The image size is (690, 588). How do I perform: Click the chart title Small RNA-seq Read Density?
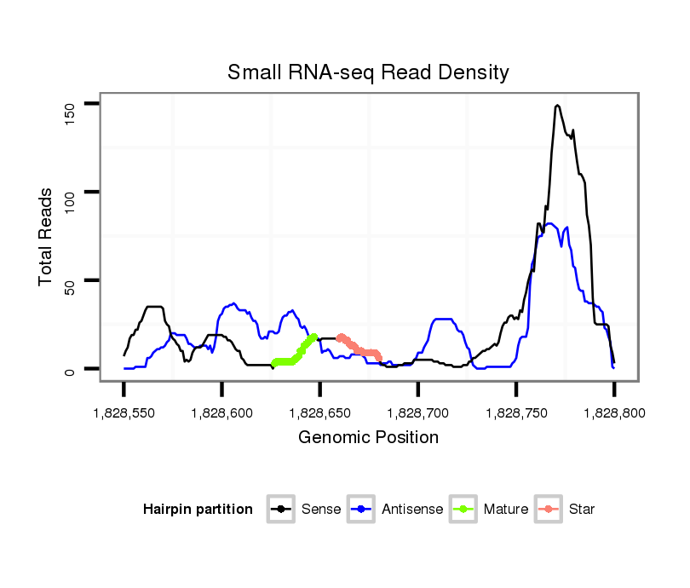(x=368, y=72)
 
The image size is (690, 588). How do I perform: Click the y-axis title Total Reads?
(x=46, y=237)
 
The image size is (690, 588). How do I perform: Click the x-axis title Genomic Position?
(x=368, y=438)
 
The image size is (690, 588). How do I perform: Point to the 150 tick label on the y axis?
(x=70, y=112)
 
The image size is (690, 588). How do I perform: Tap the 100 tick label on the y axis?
(x=70, y=201)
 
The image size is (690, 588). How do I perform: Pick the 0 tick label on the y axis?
(x=70, y=370)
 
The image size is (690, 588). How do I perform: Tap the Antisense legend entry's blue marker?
(x=362, y=510)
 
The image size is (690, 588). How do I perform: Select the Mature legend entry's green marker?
(x=463, y=510)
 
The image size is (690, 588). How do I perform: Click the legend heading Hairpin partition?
(x=198, y=510)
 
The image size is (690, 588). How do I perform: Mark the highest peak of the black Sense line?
(x=557, y=106)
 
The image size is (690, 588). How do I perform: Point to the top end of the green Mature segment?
(x=314, y=337)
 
